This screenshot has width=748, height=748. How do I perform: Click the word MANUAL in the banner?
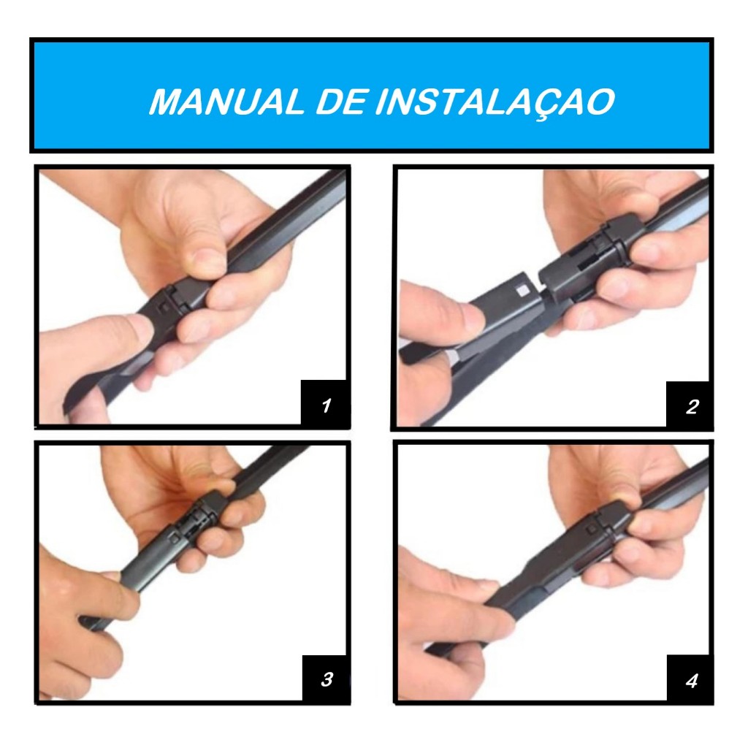[x=227, y=101]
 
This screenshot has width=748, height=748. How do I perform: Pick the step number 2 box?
[x=690, y=405]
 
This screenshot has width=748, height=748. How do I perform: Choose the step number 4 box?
[x=690, y=679]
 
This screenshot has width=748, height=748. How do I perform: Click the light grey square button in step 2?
[x=524, y=289]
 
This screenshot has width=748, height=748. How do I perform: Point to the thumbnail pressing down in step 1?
[x=207, y=261]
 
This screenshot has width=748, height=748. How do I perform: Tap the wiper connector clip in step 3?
[x=193, y=520]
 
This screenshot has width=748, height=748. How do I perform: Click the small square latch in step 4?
[x=592, y=529]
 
